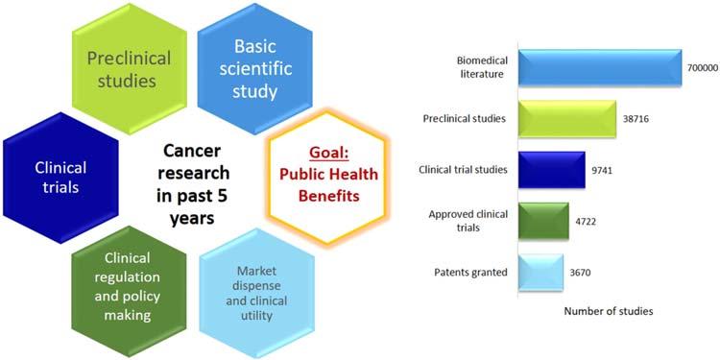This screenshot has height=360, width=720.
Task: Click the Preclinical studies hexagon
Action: [130, 69]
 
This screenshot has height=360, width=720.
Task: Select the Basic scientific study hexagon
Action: [255, 69]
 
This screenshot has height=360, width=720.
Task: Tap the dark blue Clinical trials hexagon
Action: [60, 178]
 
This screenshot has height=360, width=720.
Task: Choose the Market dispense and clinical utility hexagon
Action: [257, 293]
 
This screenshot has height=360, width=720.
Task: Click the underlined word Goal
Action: [328, 153]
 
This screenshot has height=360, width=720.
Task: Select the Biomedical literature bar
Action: [600, 66]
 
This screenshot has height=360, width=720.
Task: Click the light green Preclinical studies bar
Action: [567, 118]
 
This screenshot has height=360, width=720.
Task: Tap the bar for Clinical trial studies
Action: [551, 170]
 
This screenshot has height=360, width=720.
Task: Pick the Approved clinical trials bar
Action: [543, 221]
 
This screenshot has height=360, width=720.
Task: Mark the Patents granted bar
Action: [540, 273]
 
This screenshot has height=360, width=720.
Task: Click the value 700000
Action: [703, 67]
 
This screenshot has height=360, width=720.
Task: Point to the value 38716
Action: [636, 118]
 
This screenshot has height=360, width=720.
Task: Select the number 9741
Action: [602, 170]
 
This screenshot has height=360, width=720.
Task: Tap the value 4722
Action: [586, 222]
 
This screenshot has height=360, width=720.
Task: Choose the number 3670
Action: [580, 273]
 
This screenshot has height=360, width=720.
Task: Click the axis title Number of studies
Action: [609, 311]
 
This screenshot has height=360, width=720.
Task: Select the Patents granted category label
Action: [471, 273]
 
